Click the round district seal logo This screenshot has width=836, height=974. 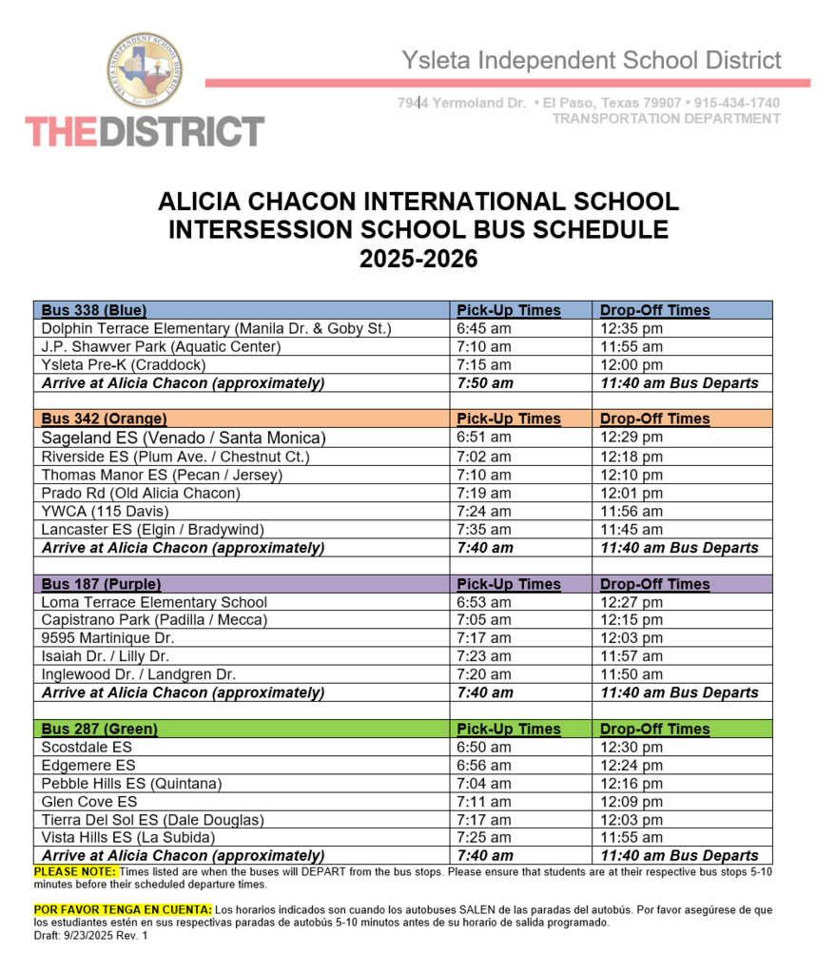[145, 69]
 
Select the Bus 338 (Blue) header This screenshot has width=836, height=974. [94, 310]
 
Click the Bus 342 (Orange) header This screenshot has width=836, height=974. [104, 419]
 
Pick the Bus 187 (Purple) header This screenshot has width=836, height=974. [101, 584]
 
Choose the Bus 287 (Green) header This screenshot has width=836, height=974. [100, 729]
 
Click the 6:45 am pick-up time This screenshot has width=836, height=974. [484, 329]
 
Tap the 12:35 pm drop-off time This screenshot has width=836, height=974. [632, 329]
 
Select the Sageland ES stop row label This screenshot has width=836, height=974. [184, 438]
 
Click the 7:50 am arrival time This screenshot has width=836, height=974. [485, 383]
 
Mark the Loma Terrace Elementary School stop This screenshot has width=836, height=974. [154, 602]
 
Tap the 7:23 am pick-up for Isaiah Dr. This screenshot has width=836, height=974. [484, 656]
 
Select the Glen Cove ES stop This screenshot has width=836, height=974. [89, 802]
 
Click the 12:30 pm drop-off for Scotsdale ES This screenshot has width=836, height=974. [632, 748]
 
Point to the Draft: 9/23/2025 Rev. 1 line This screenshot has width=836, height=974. [90, 936]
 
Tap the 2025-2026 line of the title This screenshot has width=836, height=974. [418, 259]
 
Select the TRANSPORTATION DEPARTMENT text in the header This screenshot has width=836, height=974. [666, 119]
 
